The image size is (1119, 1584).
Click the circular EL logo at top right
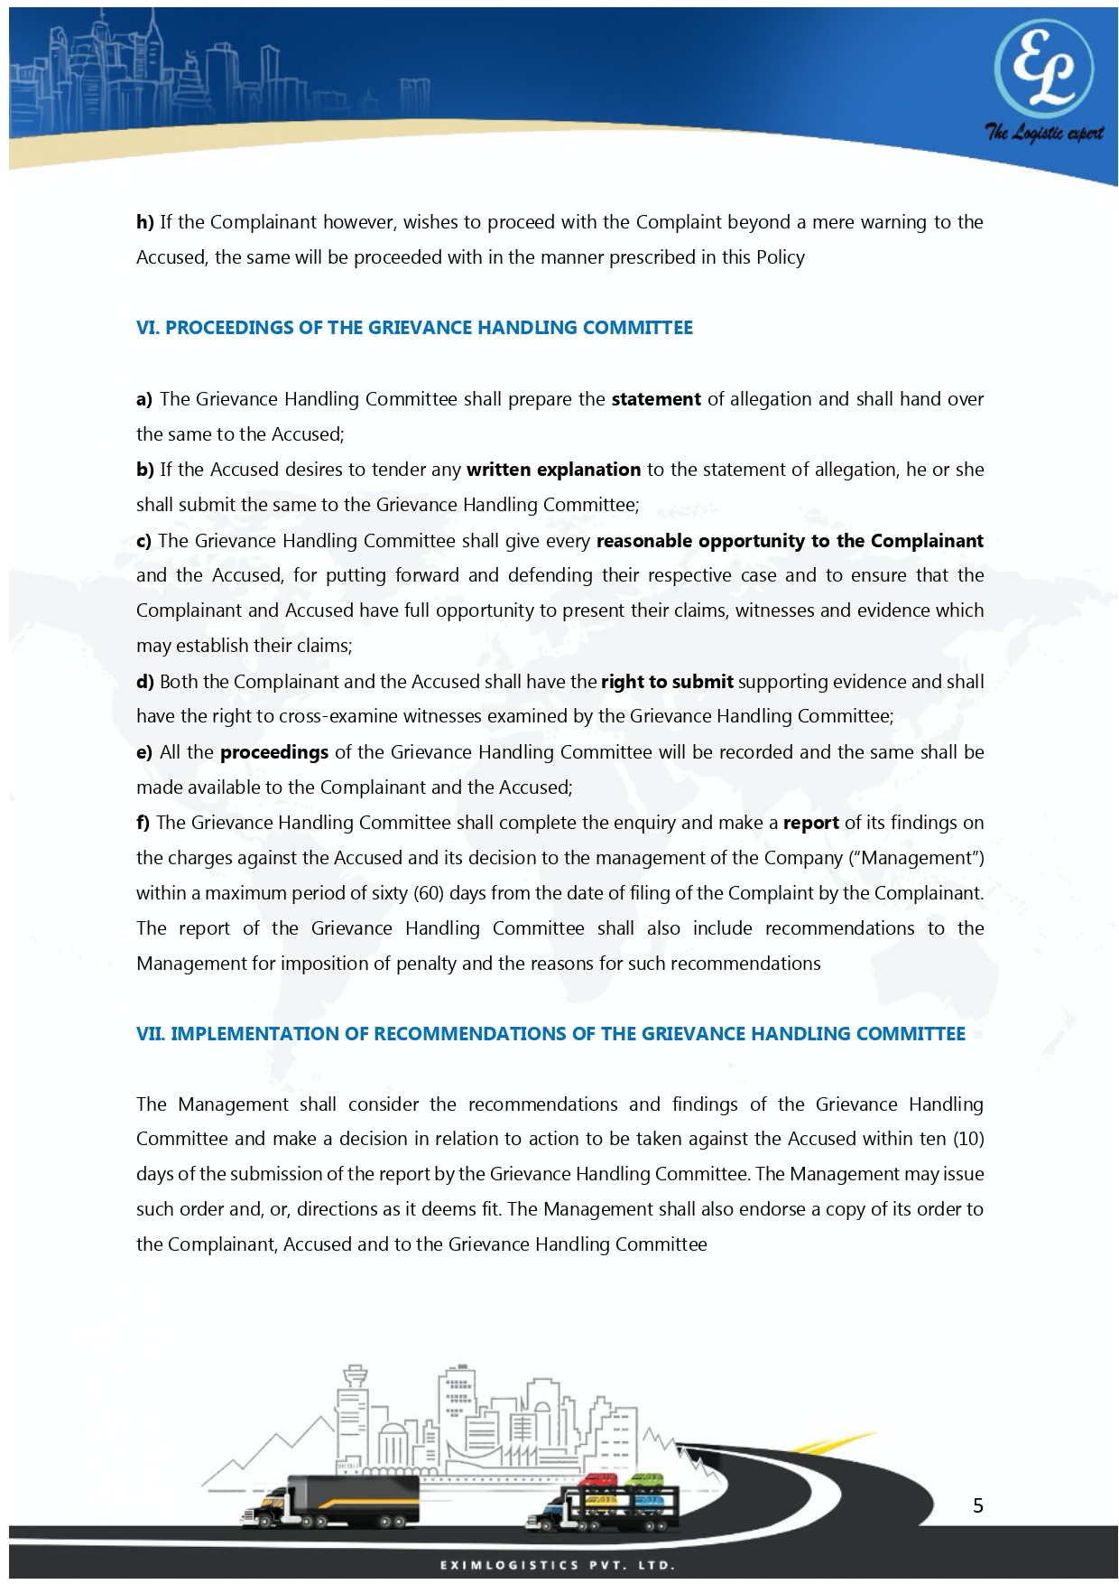coord(1043,69)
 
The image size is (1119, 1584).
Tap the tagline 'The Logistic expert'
coord(1043,134)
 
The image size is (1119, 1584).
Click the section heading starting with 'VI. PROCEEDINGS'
coord(414,328)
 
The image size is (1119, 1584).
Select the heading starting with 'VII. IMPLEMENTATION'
coord(550,1034)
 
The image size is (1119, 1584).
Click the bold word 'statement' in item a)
coord(656,399)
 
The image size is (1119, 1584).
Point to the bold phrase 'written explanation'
coord(553,470)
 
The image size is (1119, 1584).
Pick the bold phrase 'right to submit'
coord(667,682)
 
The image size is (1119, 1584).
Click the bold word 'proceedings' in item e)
coord(274,752)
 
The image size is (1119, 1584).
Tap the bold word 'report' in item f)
coord(810,823)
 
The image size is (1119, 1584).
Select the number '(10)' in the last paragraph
coord(967,1139)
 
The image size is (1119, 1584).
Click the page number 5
coord(978,1505)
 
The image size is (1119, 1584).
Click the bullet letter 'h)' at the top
coord(145,222)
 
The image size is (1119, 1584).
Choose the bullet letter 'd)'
coord(145,682)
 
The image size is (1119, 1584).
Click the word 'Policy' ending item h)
coord(781,257)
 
